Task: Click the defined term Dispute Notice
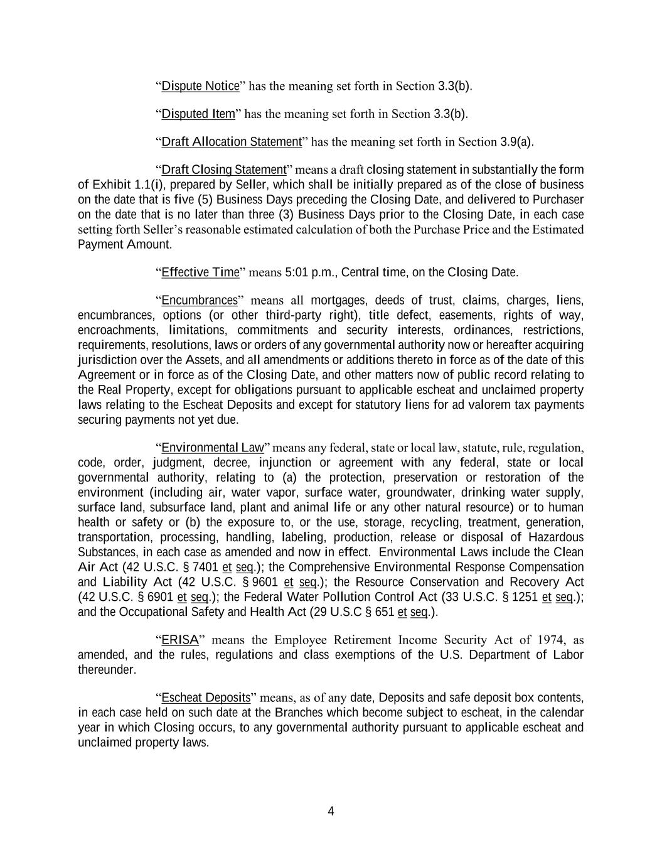[200, 86]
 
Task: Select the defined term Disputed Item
[198, 114]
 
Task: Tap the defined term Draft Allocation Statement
[232, 142]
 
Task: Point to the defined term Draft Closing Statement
[223, 170]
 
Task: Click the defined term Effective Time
[200, 272]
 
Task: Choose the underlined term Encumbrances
[200, 300]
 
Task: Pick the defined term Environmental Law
[212, 448]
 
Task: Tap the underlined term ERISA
[179, 640]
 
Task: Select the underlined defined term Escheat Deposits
[206, 698]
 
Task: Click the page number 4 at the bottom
[331, 811]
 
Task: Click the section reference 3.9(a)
[516, 142]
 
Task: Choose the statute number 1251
[524, 597]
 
